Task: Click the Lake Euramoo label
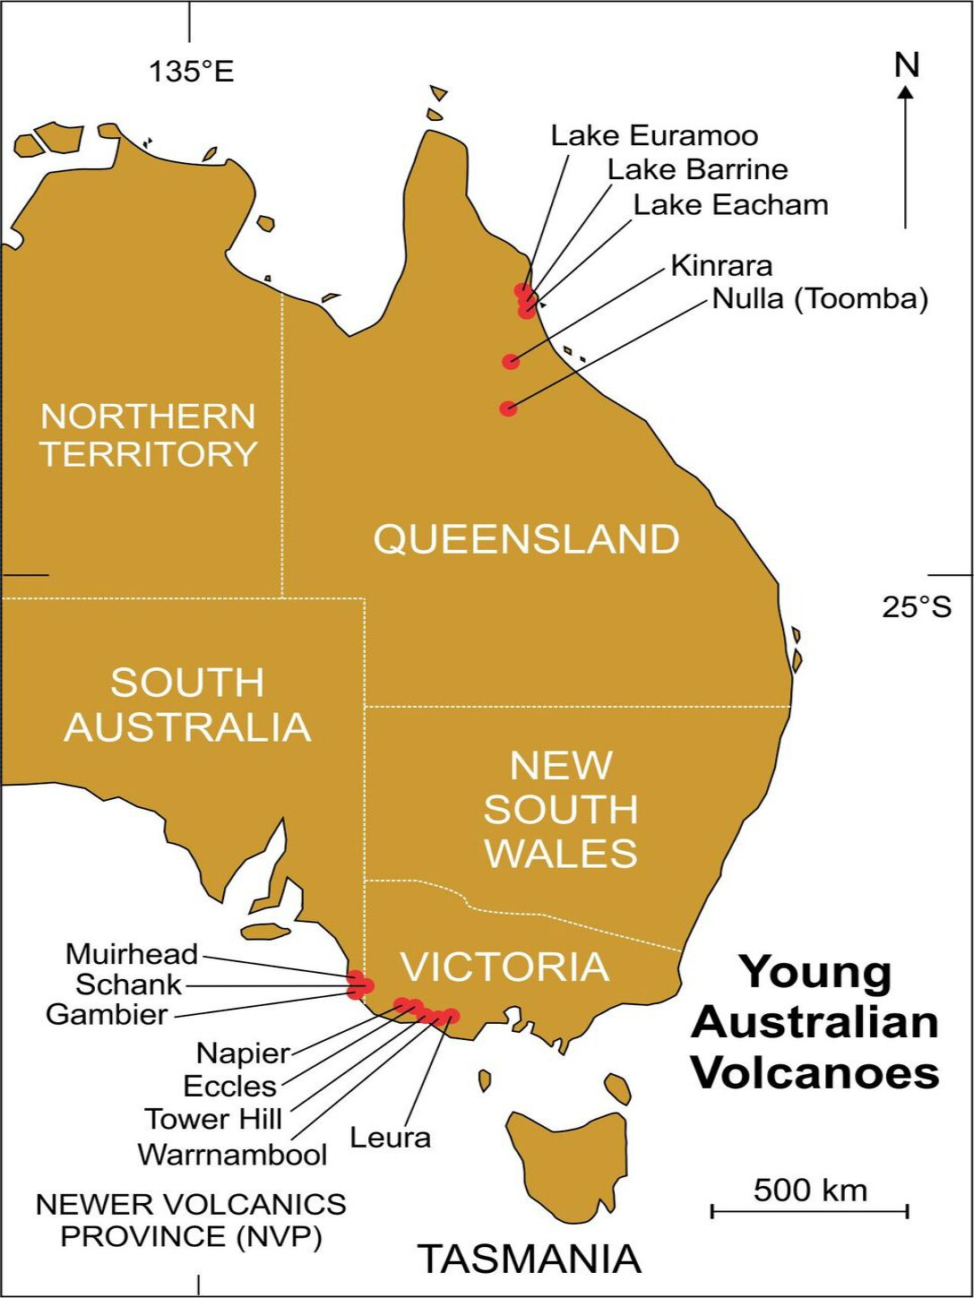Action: pyautogui.click(x=654, y=136)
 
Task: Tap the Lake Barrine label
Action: pyautogui.click(x=698, y=169)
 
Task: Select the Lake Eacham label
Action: pyautogui.click(x=730, y=205)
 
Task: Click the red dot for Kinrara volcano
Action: pyautogui.click(x=511, y=362)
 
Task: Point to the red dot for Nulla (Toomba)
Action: pyautogui.click(x=508, y=408)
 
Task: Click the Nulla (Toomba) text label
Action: pyautogui.click(x=820, y=298)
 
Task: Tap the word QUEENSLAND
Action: pyautogui.click(x=527, y=539)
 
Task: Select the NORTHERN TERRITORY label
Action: pyautogui.click(x=149, y=435)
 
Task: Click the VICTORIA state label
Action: pyautogui.click(x=504, y=967)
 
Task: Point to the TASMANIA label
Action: pyautogui.click(x=530, y=1259)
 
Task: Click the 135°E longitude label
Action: pyautogui.click(x=191, y=72)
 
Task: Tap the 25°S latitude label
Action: pyautogui.click(x=917, y=607)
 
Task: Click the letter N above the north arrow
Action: pyautogui.click(x=907, y=64)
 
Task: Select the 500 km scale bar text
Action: pyautogui.click(x=810, y=1190)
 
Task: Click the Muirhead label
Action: pyautogui.click(x=132, y=954)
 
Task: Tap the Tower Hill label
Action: pyautogui.click(x=213, y=1119)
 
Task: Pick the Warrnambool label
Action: pyautogui.click(x=233, y=1155)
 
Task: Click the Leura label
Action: pyautogui.click(x=390, y=1138)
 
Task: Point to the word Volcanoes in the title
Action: pyautogui.click(x=816, y=1072)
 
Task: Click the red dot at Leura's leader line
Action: pyautogui.click(x=451, y=1016)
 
